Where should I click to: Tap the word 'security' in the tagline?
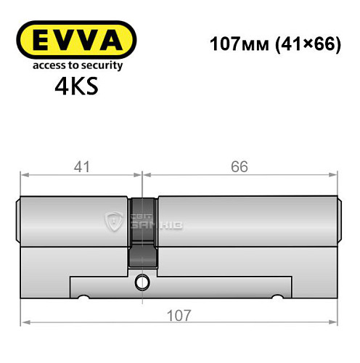click(103, 65)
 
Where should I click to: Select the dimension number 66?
click(239, 166)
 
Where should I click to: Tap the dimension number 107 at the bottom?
click(179, 316)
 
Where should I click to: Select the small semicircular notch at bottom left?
click(84, 296)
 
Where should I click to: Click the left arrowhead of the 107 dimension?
click(24, 323)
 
